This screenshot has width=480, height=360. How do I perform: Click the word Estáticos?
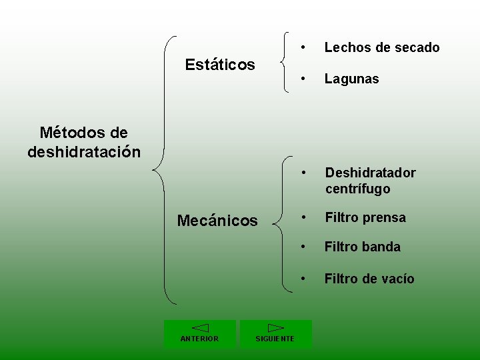coord(220,65)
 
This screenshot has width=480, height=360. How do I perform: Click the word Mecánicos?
coord(217,221)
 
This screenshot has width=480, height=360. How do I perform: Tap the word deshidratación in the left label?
coord(84,152)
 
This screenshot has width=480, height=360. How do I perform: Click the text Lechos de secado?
coord(382,47)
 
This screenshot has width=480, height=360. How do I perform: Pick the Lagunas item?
coord(351,79)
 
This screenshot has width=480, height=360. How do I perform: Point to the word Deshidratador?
coord(370,173)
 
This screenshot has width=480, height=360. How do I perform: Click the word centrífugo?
coord(358,189)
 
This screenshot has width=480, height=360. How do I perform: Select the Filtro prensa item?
coord(365,217)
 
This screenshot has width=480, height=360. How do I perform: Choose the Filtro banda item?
coord(362,247)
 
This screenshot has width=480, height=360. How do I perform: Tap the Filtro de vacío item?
coord(369,279)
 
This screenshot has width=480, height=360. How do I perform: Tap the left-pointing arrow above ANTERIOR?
coord(200,328)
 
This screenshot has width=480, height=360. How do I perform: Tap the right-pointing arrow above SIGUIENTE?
coord(275,328)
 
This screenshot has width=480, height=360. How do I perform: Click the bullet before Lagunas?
coord(303,79)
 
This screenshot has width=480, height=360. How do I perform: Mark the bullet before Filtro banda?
coord(303,247)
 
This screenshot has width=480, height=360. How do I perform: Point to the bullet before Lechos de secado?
coord(303,47)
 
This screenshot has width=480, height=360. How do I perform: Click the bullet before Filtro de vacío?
coord(303,279)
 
